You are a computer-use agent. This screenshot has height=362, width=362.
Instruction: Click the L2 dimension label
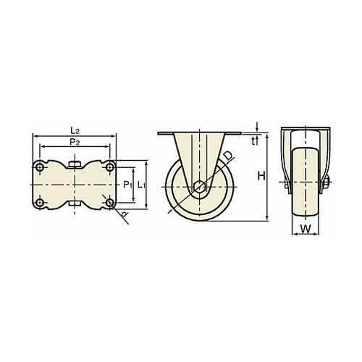point(75,131)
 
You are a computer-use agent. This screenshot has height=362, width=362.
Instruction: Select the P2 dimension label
point(75,142)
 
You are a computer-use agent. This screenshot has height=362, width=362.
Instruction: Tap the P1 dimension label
point(127,185)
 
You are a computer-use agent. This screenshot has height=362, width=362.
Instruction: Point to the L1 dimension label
point(141,185)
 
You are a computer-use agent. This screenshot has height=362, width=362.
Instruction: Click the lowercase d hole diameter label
point(125,214)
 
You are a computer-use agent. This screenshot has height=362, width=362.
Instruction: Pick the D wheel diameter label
point(228,156)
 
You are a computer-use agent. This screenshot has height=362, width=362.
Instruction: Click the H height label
point(261,176)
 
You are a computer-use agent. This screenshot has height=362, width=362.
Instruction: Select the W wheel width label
point(306,229)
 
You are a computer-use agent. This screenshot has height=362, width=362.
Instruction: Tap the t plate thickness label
point(253,142)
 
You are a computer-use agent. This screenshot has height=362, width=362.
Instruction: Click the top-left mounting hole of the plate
point(40,167)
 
